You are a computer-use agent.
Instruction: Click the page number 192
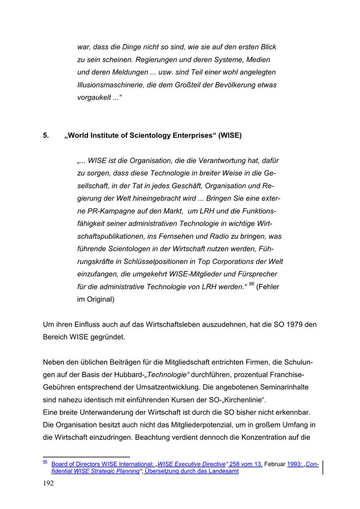tap(48, 483)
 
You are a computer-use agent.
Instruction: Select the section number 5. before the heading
tap(46, 136)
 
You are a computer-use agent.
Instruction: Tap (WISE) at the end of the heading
tap(230, 136)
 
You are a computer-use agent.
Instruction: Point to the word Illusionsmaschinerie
tap(111, 85)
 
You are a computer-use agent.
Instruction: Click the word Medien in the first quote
tap(258, 60)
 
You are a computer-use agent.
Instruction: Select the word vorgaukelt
tap(94, 98)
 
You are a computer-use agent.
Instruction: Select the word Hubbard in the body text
tap(128, 375)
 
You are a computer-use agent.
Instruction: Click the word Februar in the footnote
tap(274, 464)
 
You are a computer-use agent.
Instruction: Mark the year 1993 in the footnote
tap(294, 464)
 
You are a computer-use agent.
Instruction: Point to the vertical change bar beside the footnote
tap(322, 467)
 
